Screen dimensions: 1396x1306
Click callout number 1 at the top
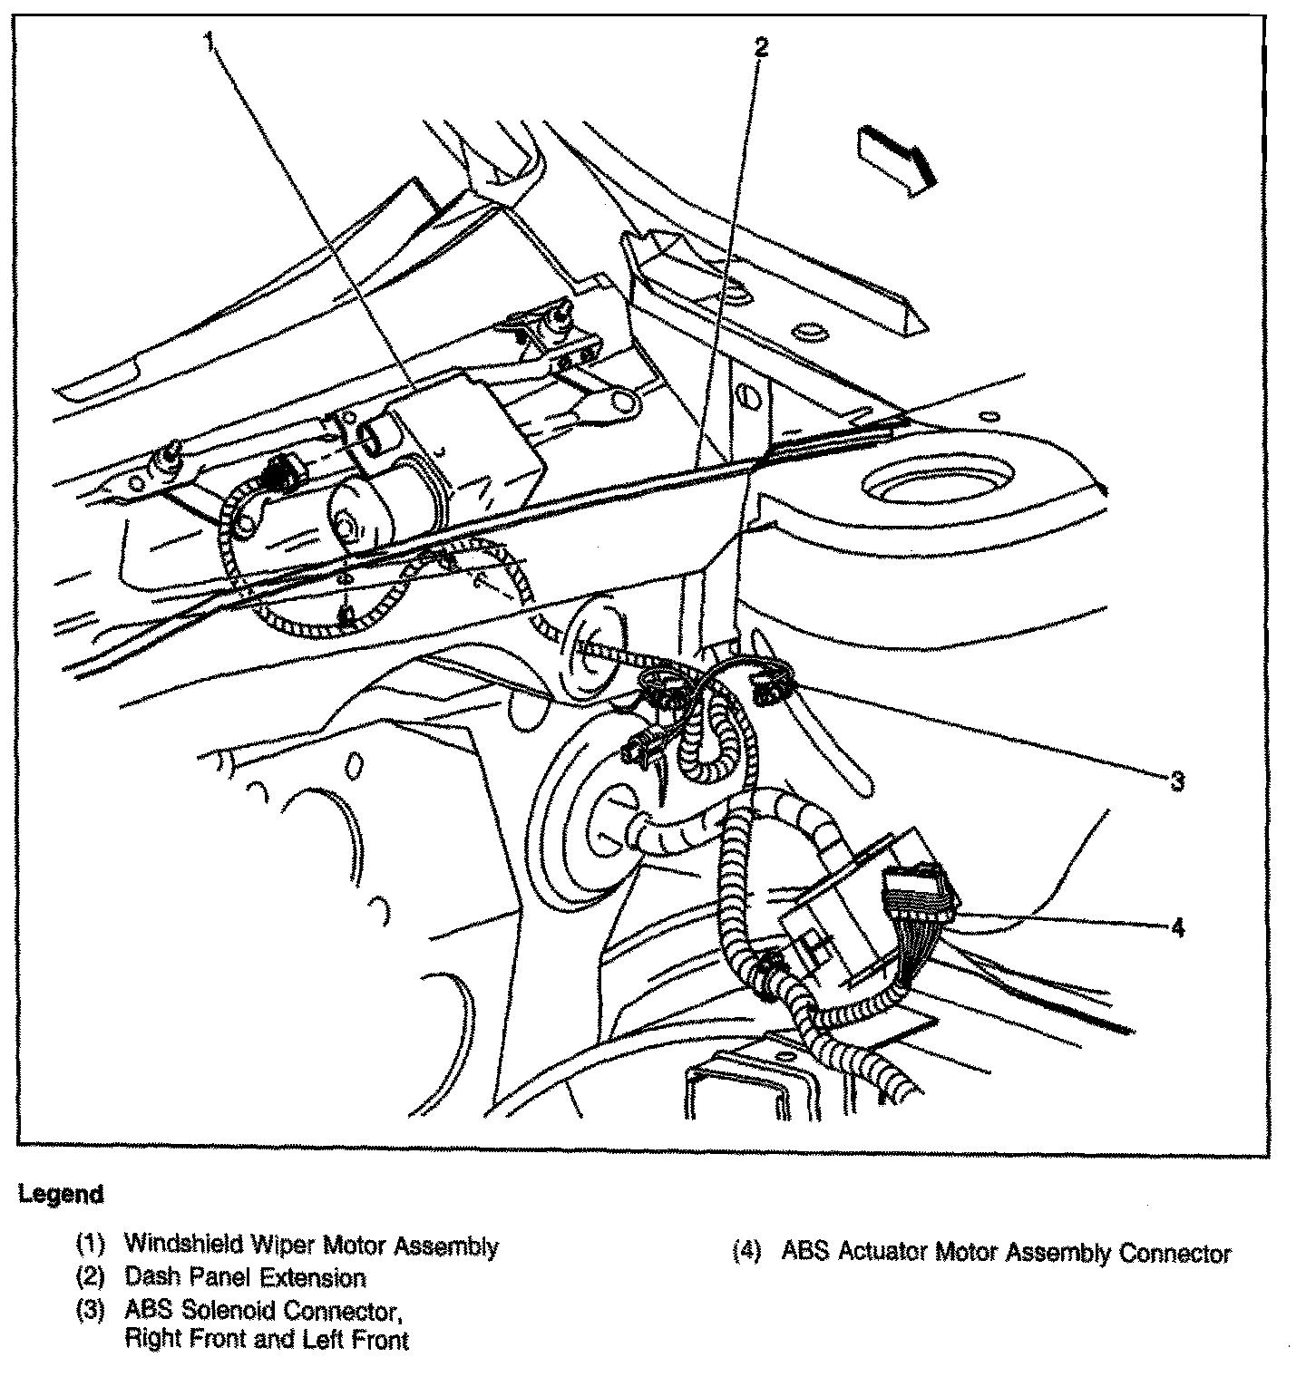pyautogui.click(x=210, y=41)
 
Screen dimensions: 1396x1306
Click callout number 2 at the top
pyautogui.click(x=761, y=47)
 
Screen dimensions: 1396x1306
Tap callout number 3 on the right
pyautogui.click(x=1177, y=780)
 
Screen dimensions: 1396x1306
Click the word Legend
pyautogui.click(x=61, y=1194)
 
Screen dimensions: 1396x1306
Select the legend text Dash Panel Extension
pyautogui.click(x=245, y=1278)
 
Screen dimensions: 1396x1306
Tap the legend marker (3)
pyautogui.click(x=91, y=1311)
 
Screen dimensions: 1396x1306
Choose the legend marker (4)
pyautogui.click(x=748, y=1253)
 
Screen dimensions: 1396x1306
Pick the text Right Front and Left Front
pyautogui.click(x=267, y=1341)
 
